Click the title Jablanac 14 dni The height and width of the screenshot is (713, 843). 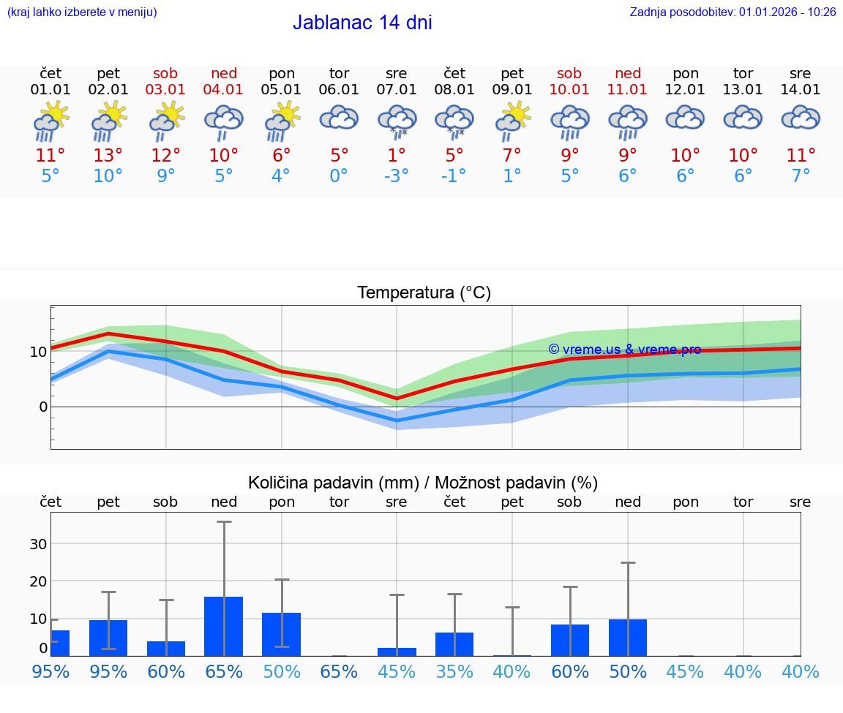click(362, 23)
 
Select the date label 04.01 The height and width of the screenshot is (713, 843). click(224, 89)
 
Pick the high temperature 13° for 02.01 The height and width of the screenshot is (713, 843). click(108, 155)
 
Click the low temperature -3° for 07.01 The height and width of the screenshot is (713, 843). click(397, 176)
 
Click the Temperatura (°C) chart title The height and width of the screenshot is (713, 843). click(424, 293)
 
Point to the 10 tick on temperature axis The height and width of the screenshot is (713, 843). click(38, 351)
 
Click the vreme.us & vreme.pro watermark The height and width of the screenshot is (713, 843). click(624, 350)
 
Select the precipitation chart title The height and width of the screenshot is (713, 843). click(423, 483)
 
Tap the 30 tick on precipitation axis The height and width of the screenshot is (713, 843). click(38, 543)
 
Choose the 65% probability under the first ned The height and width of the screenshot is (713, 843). click(224, 671)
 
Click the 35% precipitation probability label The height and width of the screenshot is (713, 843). click(454, 671)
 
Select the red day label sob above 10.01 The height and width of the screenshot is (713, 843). click(569, 73)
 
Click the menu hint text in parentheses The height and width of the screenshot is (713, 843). click(82, 12)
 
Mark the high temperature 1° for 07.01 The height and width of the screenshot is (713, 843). click(397, 155)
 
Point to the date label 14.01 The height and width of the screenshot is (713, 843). click(801, 89)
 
